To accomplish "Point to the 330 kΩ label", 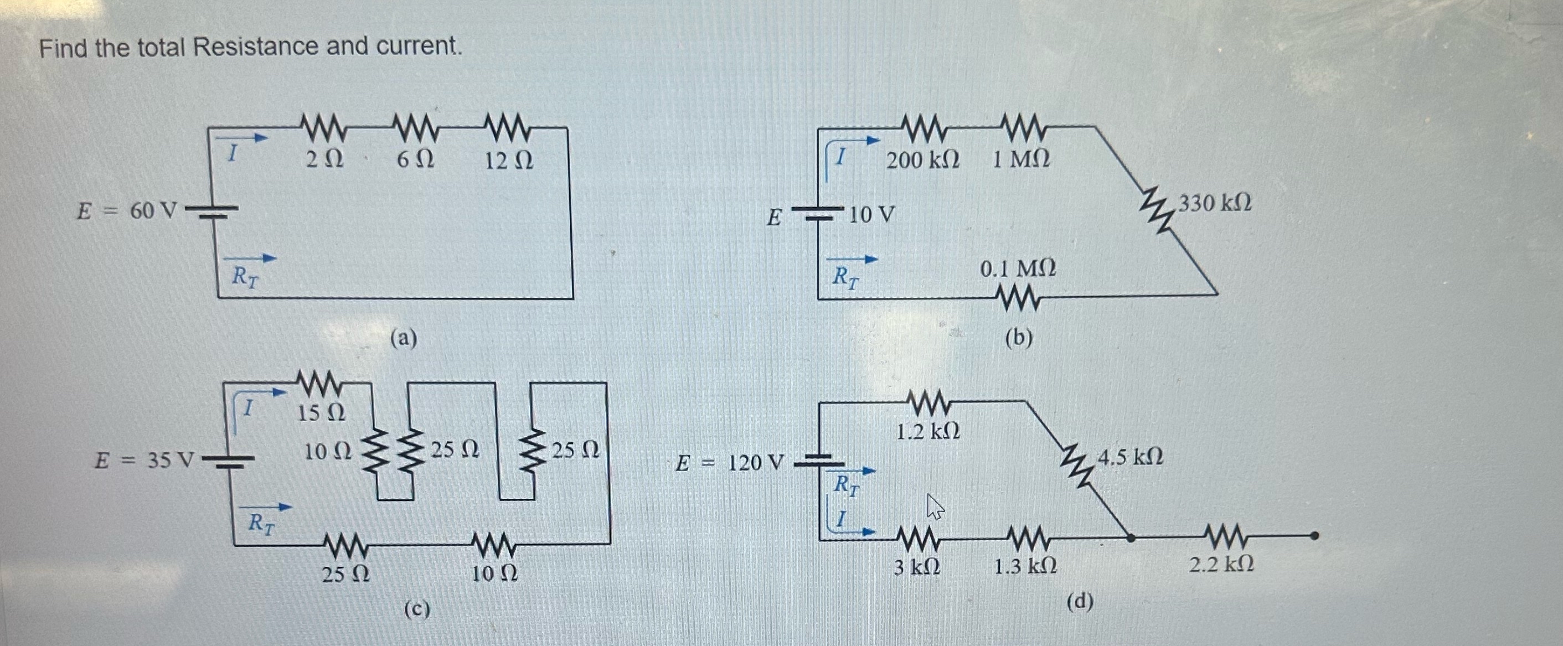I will pos(1214,203).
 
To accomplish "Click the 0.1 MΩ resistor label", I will pos(1018,268).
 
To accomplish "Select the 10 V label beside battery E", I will pos(871,215).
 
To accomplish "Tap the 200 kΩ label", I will pos(923,161).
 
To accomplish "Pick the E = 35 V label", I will pos(145,461).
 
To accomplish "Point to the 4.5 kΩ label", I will pos(1131,456).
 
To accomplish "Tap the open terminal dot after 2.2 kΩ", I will pos(1314,536).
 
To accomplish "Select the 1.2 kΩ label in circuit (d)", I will pos(928,432).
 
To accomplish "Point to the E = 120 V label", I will pos(730,464).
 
